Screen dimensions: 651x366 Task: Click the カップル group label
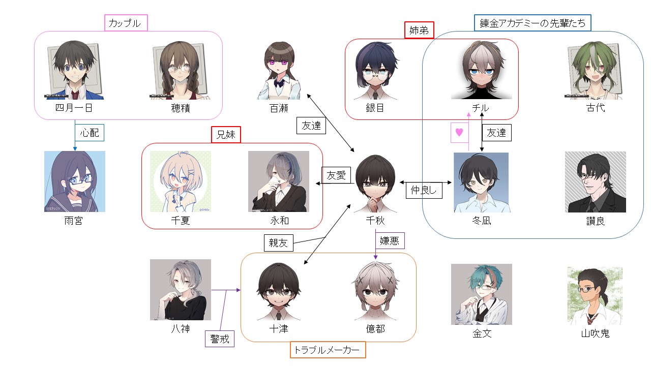tap(126, 23)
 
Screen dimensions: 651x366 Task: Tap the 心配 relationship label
tap(90, 133)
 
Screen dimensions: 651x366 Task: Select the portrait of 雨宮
tap(75, 181)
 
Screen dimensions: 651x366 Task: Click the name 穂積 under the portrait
tap(181, 108)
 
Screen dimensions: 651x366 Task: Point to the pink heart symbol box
tap(459, 133)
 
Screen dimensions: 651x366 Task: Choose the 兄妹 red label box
tap(226, 135)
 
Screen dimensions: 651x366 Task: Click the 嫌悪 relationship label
tap(390, 240)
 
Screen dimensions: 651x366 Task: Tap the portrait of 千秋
tap(375, 184)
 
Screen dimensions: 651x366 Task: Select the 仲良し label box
tap(424, 190)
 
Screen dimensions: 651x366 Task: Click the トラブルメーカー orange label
tap(328, 350)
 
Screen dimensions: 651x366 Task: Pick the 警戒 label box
tap(220, 339)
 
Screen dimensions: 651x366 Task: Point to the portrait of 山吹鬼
tap(595, 296)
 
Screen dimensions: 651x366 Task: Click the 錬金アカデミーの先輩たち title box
tap(532, 23)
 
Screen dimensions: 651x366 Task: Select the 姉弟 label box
tap(419, 30)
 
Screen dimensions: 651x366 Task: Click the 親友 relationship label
tap(278, 243)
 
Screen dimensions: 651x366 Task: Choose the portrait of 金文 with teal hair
tap(481, 294)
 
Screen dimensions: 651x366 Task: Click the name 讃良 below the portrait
tap(596, 221)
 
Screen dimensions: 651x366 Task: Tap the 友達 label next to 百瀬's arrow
tap(311, 126)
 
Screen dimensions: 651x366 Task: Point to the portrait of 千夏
tap(181, 181)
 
